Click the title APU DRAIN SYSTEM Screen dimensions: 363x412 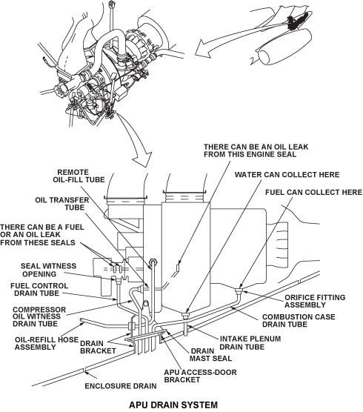173,405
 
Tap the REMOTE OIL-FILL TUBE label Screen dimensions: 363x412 79,176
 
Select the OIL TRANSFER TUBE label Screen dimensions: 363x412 62,204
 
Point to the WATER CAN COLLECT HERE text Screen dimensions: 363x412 287,175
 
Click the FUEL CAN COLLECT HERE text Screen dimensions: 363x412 313,193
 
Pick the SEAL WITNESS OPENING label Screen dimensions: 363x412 48,270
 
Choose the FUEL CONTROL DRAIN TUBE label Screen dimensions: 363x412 39,289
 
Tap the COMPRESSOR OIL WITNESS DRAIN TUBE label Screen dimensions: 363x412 39,316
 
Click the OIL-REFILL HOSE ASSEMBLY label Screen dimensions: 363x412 47,343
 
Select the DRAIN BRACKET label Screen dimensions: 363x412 98,347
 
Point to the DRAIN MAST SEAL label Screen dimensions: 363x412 210,355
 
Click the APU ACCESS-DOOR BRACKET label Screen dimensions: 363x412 200,376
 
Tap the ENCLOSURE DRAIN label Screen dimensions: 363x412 121,386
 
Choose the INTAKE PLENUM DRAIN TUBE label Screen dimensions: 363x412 250,343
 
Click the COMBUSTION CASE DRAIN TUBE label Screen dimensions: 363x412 299,321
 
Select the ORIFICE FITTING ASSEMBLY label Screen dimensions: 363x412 315,301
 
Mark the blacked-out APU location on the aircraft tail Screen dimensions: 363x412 297,21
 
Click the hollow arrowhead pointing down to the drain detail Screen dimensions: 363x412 142,159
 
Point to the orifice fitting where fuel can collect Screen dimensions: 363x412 239,290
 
